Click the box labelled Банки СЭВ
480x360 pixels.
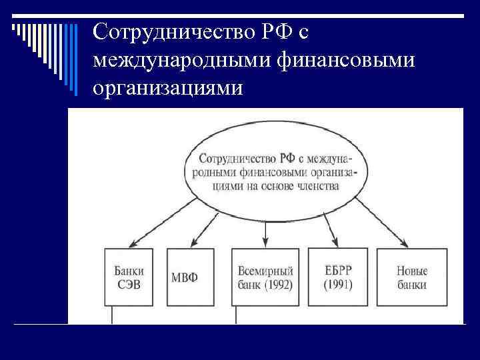click(x=129, y=277)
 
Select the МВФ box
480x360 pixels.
click(x=191, y=277)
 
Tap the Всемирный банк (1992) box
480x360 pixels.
click(x=265, y=277)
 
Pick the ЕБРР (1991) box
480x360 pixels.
click(x=337, y=277)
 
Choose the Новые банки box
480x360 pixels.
click(x=411, y=277)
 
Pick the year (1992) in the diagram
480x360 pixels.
click(x=279, y=285)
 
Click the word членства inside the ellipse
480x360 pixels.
click(x=315, y=186)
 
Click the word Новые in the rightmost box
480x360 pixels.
click(x=411, y=271)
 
